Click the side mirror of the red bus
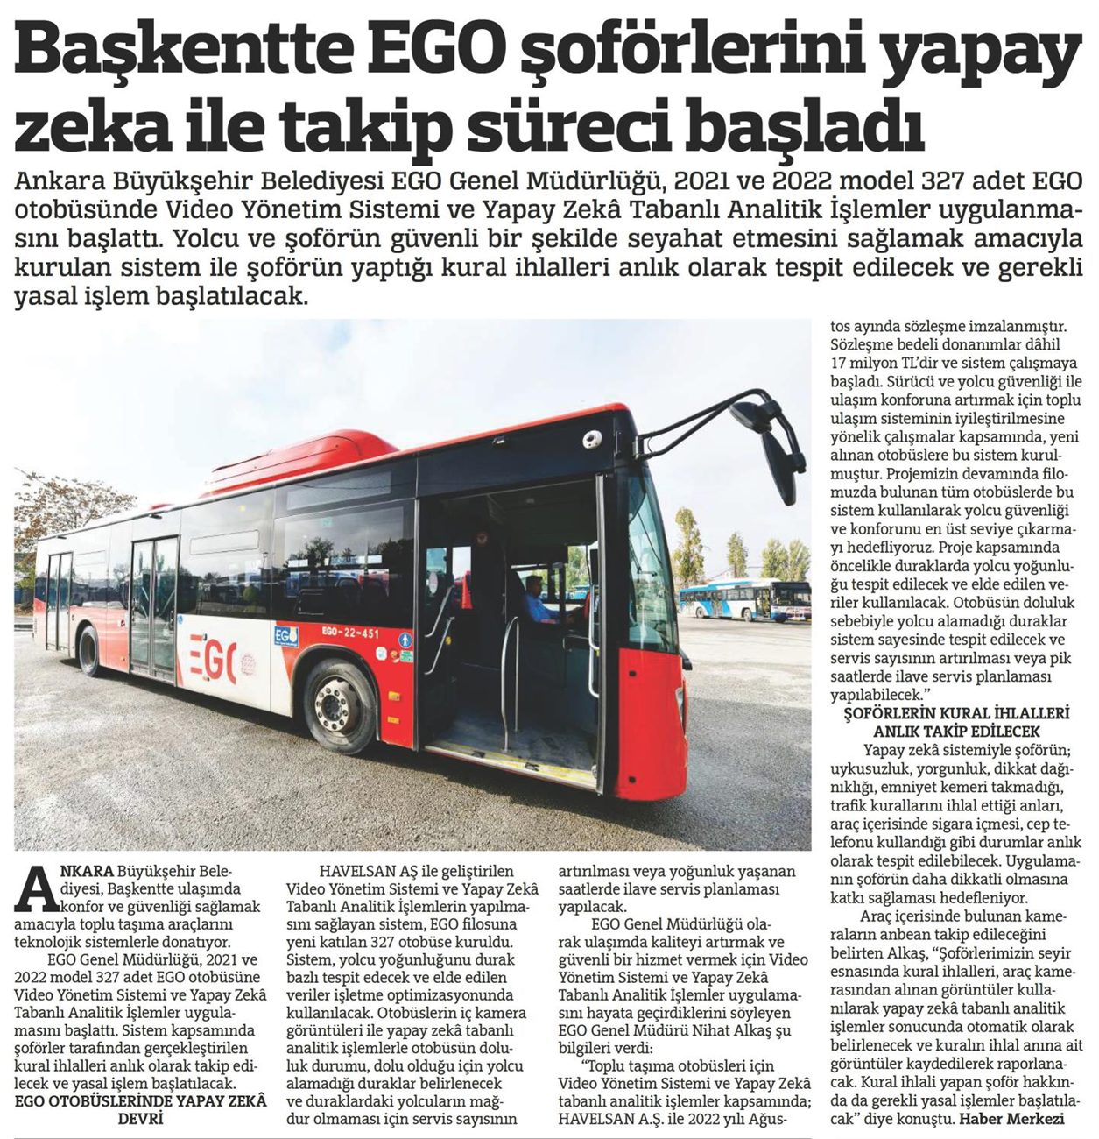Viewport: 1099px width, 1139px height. click(x=778, y=446)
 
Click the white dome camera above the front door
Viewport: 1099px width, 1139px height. click(x=595, y=438)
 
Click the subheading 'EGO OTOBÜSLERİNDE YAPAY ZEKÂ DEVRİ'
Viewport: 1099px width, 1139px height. click(x=140, y=1109)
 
